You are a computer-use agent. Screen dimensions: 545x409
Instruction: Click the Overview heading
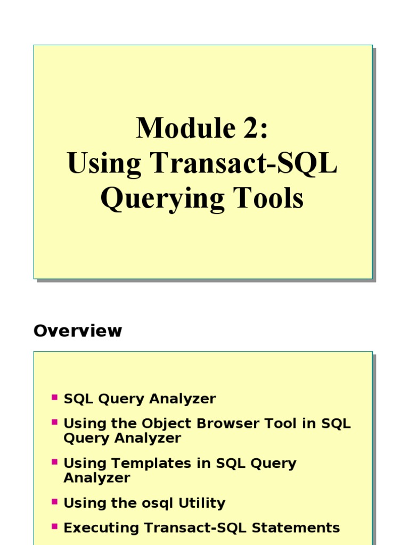[x=78, y=331]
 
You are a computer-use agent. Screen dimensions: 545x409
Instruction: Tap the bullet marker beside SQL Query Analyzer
[x=54, y=397]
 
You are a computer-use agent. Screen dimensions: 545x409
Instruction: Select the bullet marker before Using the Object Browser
[x=54, y=422]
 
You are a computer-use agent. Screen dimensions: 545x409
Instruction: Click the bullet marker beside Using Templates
[x=54, y=461]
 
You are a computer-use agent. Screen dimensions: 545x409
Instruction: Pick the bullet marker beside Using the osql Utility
[x=54, y=501]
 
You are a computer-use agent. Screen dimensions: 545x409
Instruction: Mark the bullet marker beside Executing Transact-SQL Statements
[x=54, y=526]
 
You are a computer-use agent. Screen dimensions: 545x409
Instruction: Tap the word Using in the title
[x=104, y=165]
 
